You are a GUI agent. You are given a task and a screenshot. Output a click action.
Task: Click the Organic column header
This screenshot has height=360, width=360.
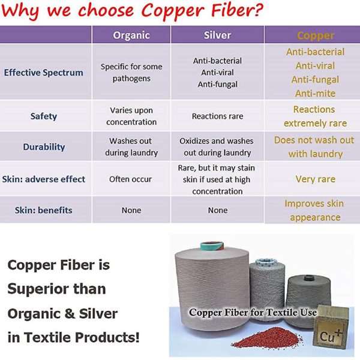(131, 35)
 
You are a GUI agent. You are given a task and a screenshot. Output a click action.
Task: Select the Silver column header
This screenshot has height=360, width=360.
(217, 35)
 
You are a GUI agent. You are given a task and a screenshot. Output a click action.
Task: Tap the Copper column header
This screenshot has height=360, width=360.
(316, 35)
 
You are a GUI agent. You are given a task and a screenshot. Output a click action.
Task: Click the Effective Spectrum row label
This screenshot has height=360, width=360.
(44, 73)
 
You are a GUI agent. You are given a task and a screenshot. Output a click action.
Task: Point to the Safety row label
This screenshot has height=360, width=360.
(44, 116)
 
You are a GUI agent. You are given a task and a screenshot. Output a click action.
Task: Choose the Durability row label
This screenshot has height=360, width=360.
(44, 147)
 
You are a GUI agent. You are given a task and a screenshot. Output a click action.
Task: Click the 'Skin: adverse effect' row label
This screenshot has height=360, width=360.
(44, 179)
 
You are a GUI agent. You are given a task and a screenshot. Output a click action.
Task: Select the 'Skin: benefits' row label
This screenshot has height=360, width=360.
(44, 210)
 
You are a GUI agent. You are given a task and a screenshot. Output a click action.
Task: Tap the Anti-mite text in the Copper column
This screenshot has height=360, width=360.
(315, 94)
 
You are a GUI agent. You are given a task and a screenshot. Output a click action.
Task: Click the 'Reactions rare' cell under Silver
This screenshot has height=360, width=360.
(217, 116)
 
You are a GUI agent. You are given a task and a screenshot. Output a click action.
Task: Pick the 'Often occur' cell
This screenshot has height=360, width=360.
(130, 179)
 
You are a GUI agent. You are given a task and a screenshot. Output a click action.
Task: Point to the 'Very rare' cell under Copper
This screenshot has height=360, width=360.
(316, 179)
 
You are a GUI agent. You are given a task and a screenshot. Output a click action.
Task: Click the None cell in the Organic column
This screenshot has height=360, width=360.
(131, 210)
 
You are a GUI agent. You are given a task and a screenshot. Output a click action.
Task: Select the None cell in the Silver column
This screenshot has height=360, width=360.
(218, 210)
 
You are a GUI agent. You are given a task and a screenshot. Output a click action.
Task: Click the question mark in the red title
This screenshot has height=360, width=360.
(258, 9)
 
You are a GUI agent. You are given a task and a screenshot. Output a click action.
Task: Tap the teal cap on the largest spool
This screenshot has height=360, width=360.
(212, 247)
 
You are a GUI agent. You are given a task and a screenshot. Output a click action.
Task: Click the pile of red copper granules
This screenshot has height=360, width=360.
(267, 338)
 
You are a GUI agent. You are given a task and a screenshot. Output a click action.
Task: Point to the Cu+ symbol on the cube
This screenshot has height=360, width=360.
(331, 335)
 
